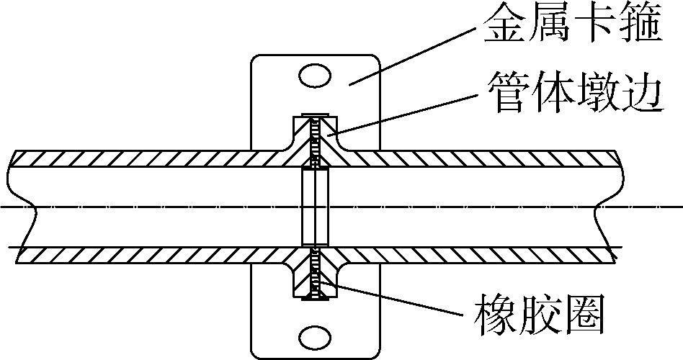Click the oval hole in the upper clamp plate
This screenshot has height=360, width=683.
coord(314,75)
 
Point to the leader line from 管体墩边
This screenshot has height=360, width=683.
coord(403,115)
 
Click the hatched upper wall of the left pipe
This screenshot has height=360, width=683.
coord(144,158)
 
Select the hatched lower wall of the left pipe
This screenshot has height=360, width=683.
coord(144,254)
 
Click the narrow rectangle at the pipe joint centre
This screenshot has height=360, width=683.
coord(314,207)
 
